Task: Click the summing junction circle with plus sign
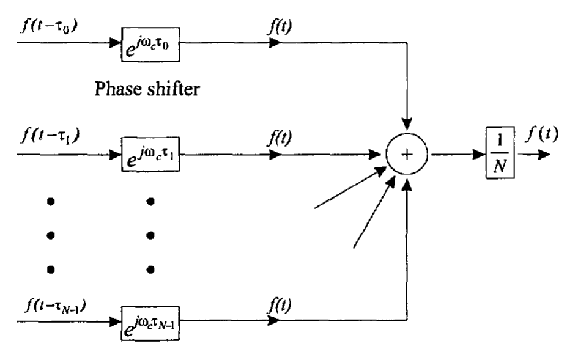click(x=406, y=155)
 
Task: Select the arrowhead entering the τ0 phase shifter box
click(x=114, y=43)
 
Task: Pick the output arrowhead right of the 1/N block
click(x=543, y=155)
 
